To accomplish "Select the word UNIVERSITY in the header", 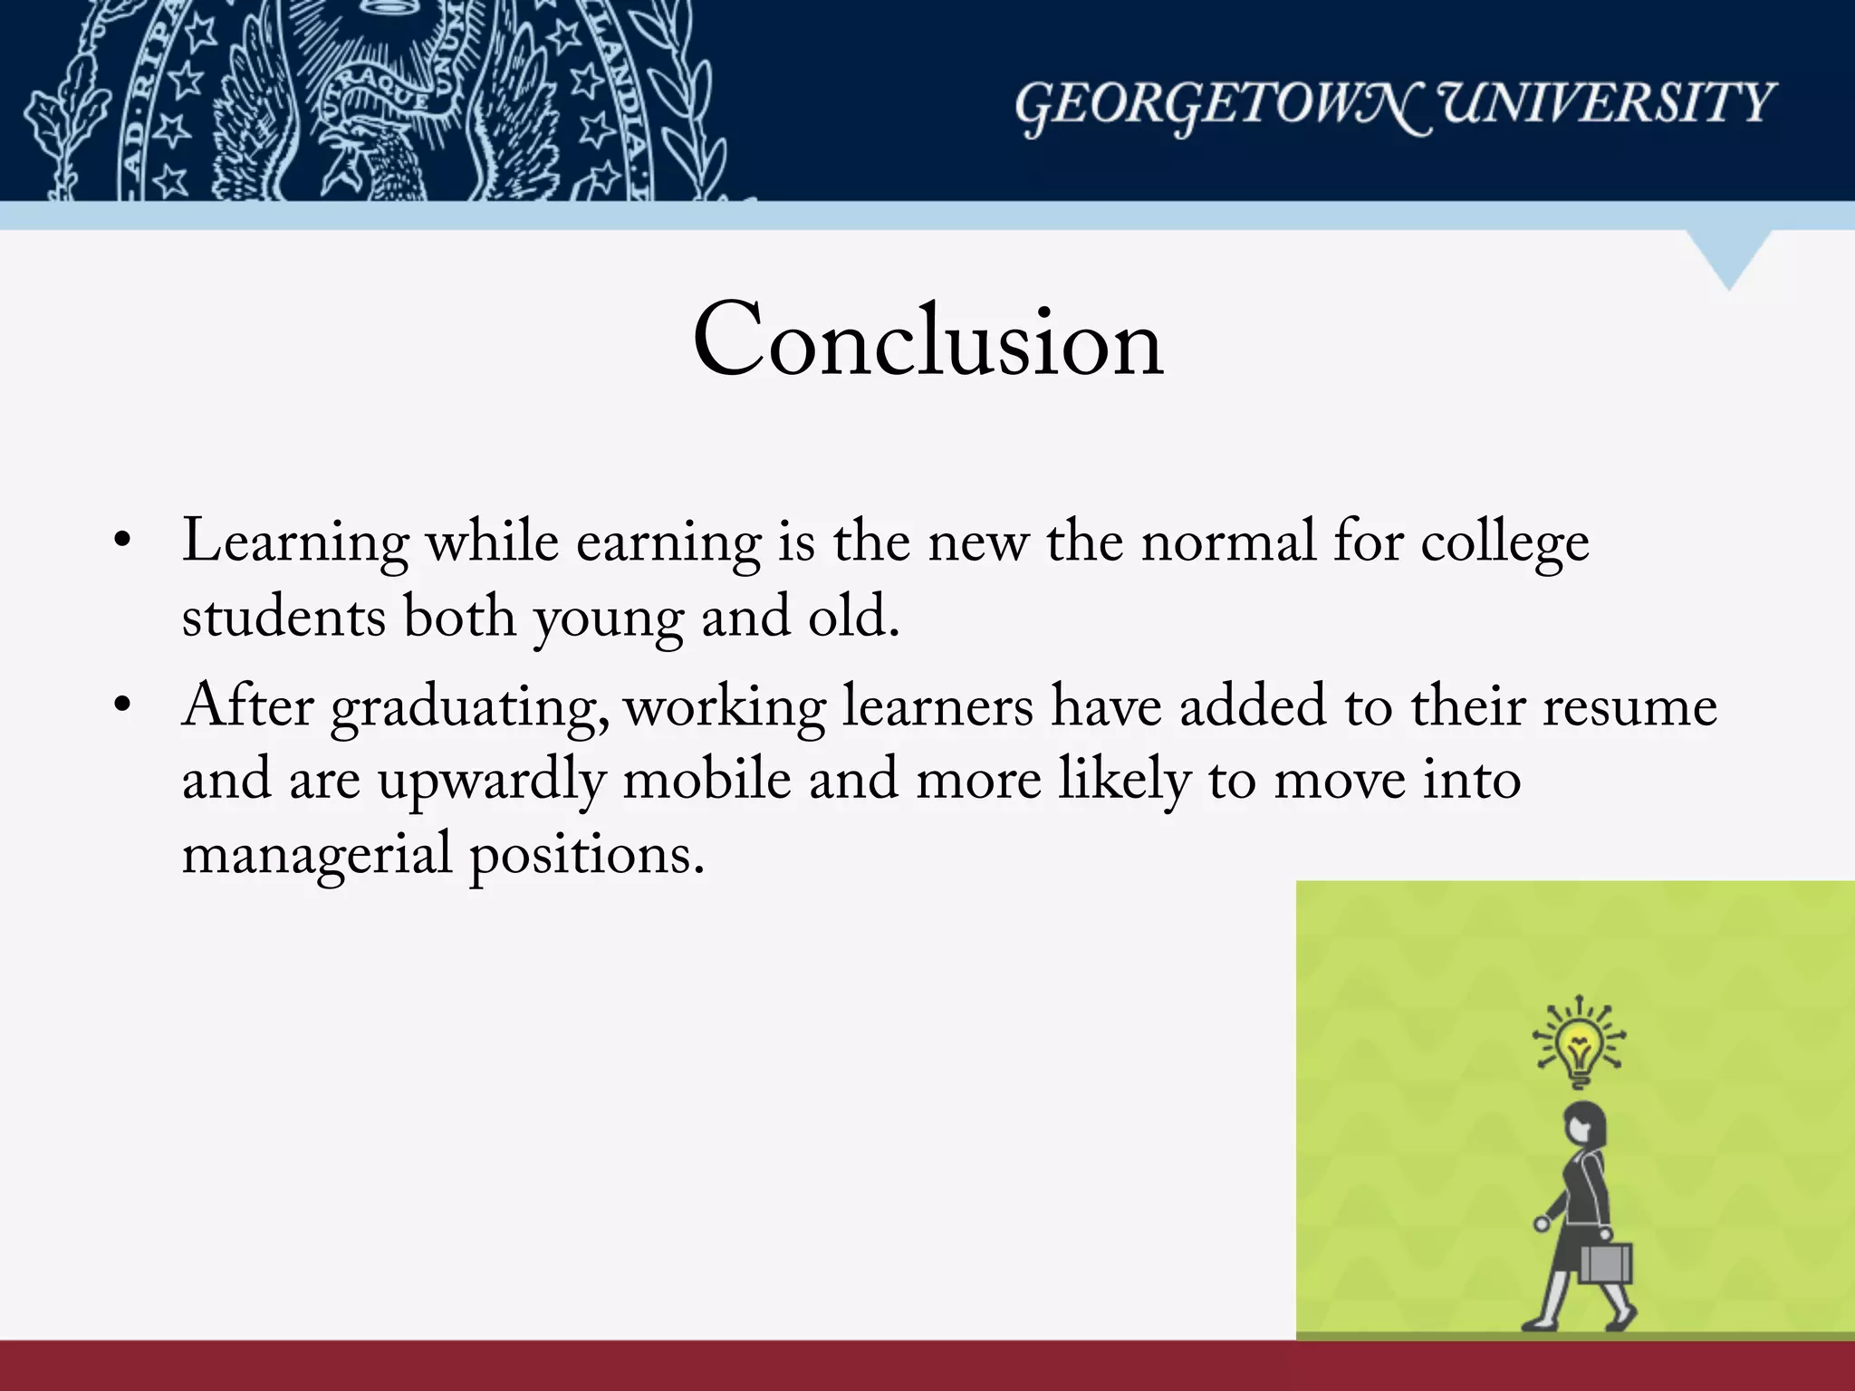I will (1607, 102).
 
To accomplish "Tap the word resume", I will (1629, 707).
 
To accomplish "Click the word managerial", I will (317, 856).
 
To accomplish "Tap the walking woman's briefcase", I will (1604, 1262).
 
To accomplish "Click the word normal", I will (1227, 543).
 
